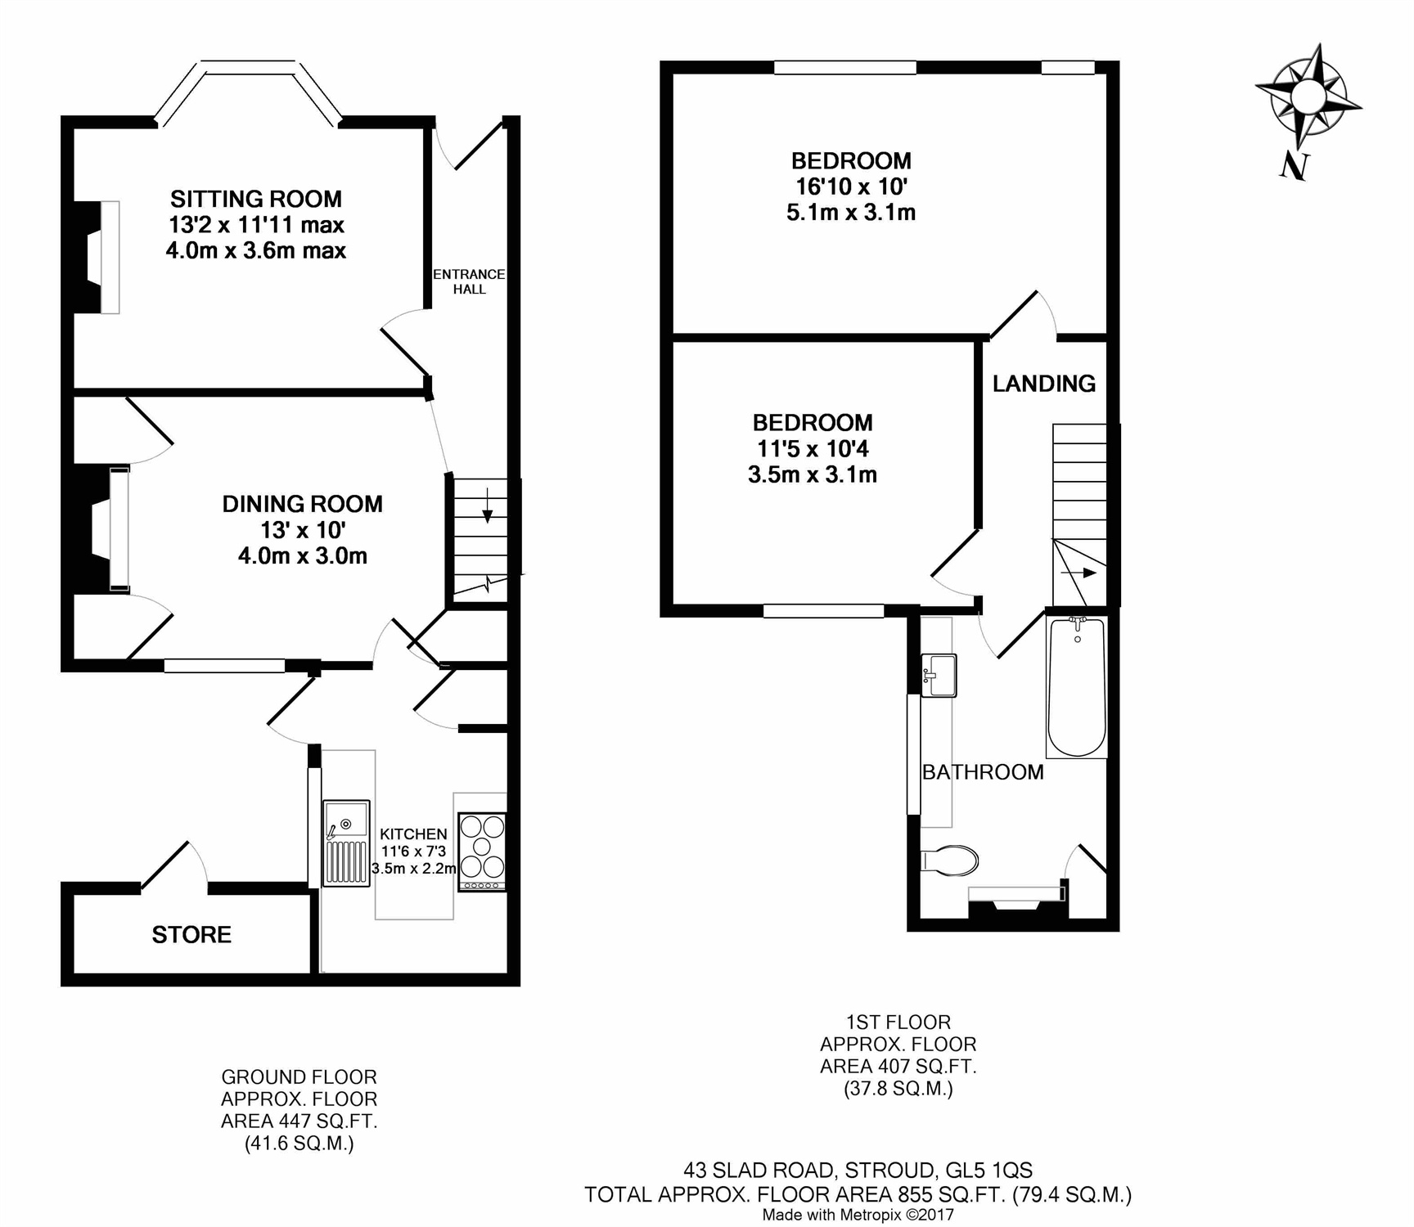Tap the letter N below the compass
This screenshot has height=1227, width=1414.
[x=1294, y=166]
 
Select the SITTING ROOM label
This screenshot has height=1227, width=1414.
[x=256, y=199]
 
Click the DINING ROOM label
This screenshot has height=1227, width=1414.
[x=303, y=504]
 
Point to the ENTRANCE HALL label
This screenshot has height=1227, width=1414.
[x=469, y=281]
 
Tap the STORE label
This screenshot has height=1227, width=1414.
[x=191, y=935]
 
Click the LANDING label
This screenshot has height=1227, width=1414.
[x=1044, y=384]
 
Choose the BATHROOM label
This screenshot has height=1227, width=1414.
[x=983, y=772]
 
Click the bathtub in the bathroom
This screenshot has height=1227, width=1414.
[x=1077, y=686]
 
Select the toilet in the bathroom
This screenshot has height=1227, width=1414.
[x=950, y=861]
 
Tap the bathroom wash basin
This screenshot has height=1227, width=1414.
[x=939, y=676]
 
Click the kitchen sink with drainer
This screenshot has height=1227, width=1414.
[x=346, y=843]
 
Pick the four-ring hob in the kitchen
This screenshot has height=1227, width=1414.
[x=482, y=852]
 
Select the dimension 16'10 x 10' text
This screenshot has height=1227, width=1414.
[x=851, y=187]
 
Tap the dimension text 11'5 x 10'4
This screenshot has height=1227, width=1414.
[x=812, y=448]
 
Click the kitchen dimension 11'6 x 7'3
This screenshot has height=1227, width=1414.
[x=413, y=852]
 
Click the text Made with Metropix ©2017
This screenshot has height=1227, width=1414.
[x=858, y=1215]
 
